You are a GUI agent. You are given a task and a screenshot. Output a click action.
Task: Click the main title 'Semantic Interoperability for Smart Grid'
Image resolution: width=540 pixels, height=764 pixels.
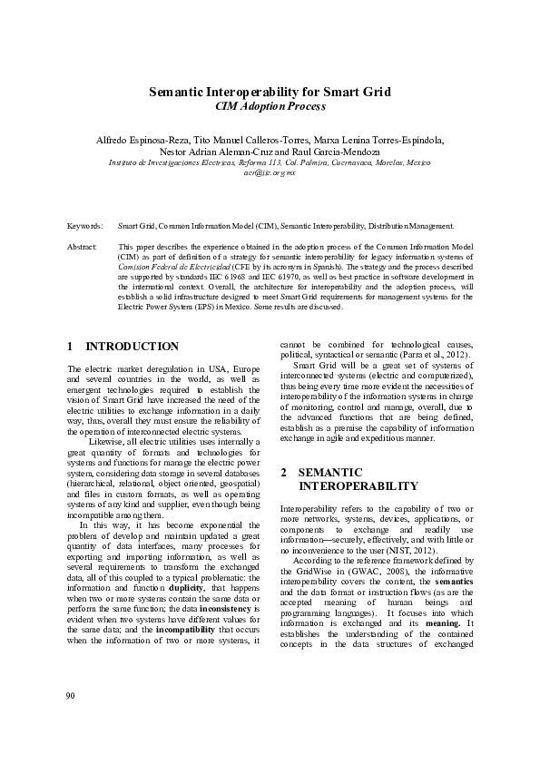click(270, 93)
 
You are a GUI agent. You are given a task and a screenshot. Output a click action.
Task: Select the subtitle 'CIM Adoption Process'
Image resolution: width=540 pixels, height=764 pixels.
click(270, 107)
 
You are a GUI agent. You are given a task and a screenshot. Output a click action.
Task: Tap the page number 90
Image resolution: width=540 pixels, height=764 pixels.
click(72, 696)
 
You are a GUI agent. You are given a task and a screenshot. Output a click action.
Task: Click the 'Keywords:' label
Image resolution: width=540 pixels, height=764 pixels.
click(84, 224)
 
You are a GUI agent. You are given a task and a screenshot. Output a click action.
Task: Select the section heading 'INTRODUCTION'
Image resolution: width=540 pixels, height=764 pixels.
click(132, 347)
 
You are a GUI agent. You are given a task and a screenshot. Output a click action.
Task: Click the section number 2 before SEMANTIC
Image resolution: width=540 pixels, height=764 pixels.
click(284, 473)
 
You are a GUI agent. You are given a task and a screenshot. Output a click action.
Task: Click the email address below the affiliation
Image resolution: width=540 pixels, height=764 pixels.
click(270, 172)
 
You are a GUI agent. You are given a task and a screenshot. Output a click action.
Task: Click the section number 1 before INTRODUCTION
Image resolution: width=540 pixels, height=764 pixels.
click(71, 347)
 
